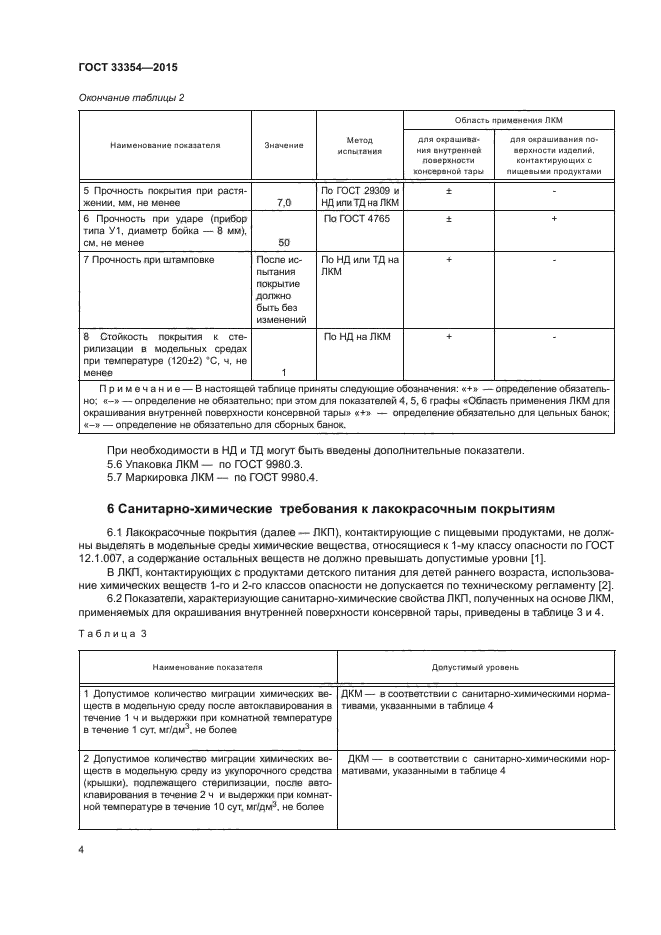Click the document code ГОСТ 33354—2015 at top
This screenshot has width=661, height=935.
coord(128,70)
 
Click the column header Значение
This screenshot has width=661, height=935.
coord(284,146)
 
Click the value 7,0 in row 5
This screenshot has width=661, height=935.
coord(284,202)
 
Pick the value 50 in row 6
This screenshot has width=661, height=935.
coord(284,242)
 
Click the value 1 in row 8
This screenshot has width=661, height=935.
coord(284,373)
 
